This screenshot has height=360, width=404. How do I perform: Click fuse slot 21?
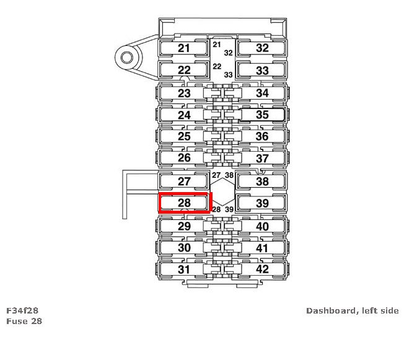(183, 48)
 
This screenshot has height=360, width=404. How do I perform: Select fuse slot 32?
(262, 48)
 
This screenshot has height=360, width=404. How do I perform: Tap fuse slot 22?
(183, 70)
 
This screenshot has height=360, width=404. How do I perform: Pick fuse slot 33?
(262, 70)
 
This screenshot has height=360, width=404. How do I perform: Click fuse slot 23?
(183, 93)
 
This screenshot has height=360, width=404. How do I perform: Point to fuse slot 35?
(262, 115)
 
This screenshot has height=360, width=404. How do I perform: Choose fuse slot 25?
(183, 136)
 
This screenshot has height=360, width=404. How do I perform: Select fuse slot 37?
(262, 158)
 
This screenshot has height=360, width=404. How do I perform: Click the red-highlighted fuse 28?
(185, 203)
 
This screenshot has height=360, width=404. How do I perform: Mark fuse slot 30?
(183, 248)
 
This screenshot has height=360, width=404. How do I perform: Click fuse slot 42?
(262, 270)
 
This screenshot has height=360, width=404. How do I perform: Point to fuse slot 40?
(262, 226)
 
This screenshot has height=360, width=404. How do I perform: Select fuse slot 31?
(183, 270)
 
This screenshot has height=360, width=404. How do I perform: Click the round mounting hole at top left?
(126, 58)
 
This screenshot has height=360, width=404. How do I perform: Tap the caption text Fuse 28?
(24, 321)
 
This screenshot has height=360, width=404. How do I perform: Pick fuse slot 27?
(183, 182)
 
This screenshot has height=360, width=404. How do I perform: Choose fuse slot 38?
(262, 182)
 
